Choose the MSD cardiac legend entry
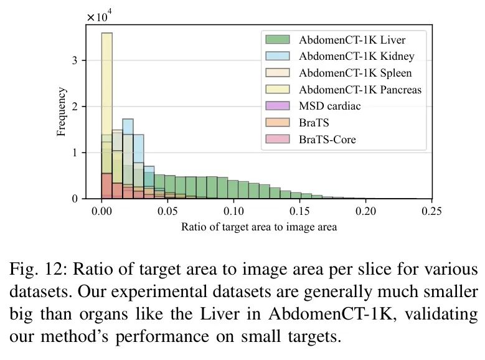(x=329, y=106)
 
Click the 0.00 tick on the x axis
(x=101, y=212)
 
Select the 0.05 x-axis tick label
(x=167, y=212)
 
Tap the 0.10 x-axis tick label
(x=233, y=212)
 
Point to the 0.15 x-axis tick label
(x=299, y=212)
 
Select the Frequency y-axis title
(x=61, y=111)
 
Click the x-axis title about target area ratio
(x=259, y=227)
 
